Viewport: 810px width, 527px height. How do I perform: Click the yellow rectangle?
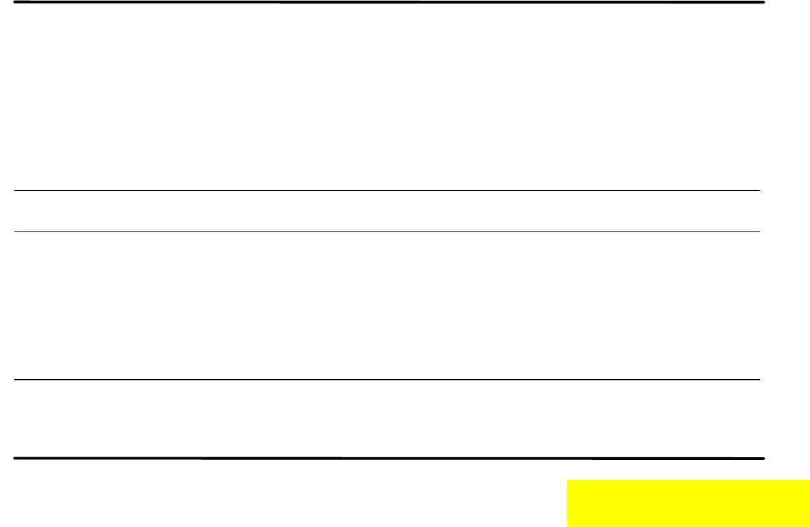[688, 503]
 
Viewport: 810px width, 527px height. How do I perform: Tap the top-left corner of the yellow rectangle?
[568, 481]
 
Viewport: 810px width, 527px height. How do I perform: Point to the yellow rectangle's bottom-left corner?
[568, 526]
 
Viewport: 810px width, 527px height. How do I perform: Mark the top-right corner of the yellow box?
[809, 481]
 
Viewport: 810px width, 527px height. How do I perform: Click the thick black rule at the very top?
[389, 3]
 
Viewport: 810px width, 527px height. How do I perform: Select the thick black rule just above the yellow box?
[389, 458]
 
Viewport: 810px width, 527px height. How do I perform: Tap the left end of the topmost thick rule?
[15, 3]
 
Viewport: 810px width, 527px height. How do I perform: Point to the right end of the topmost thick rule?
[764, 3]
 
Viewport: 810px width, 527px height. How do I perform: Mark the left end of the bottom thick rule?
[15, 458]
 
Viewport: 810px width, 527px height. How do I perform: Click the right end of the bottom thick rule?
[764, 458]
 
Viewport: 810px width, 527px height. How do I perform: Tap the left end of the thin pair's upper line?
[16, 190]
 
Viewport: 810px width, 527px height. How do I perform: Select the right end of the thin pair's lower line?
[759, 231]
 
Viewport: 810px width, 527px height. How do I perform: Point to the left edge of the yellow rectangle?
[568, 503]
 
